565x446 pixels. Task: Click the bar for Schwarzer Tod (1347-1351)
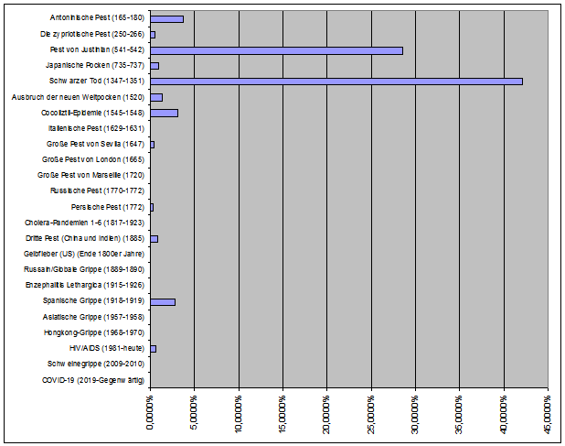click(x=336, y=82)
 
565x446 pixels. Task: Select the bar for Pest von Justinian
click(x=277, y=50)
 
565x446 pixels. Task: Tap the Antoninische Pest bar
click(x=166, y=19)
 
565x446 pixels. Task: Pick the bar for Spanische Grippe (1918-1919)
click(x=163, y=302)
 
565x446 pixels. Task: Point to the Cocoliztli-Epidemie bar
click(x=165, y=113)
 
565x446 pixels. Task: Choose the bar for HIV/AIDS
click(x=154, y=349)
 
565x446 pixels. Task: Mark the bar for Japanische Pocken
click(x=155, y=66)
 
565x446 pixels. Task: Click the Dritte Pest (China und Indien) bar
click(x=155, y=239)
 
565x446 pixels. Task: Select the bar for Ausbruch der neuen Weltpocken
click(x=156, y=97)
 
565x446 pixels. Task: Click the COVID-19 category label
click(x=93, y=380)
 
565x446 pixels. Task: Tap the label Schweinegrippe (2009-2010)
click(x=96, y=364)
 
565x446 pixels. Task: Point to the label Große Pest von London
click(x=93, y=159)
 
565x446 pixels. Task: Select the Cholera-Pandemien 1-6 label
click(x=84, y=223)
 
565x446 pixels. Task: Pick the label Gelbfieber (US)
click(x=84, y=254)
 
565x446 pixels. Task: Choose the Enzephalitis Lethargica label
click(x=85, y=285)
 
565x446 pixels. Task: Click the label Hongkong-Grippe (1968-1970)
click(x=94, y=332)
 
